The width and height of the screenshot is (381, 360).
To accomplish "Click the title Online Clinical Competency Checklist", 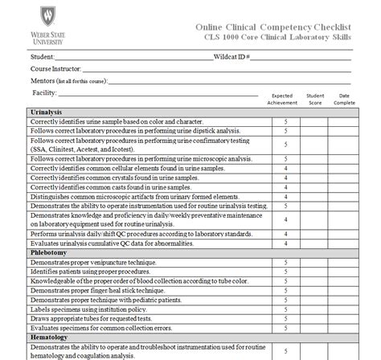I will coord(274,27).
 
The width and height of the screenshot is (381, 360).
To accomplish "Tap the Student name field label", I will coord(44,58).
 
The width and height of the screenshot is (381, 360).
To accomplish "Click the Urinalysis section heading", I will coord(47,112).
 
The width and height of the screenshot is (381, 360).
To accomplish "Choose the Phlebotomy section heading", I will coord(47,252).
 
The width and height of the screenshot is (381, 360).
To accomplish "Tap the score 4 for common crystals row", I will coord(285,178).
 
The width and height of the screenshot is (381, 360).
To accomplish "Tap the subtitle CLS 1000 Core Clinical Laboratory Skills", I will coord(285,39).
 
